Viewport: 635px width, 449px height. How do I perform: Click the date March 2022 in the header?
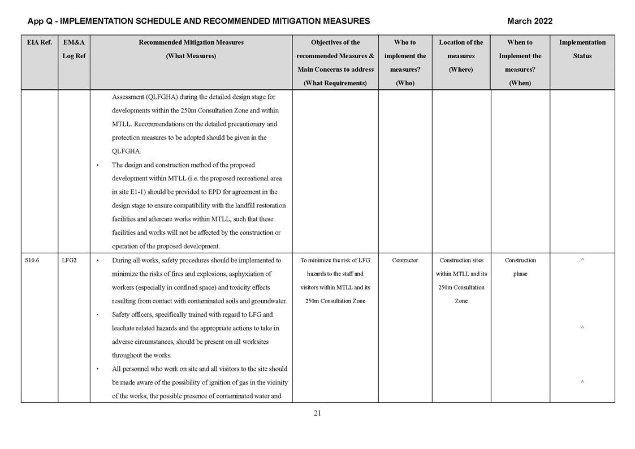tap(529, 21)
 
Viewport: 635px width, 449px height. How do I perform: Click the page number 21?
tap(317, 413)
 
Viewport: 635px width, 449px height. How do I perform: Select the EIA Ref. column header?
tap(39, 42)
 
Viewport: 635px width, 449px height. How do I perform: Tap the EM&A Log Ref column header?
tap(74, 49)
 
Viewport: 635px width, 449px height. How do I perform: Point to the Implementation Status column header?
tap(582, 49)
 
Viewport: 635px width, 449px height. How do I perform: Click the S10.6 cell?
tap(32, 261)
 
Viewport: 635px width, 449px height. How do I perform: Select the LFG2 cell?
tap(69, 261)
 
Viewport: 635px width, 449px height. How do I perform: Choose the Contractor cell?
tap(405, 261)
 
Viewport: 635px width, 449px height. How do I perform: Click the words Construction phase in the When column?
tap(520, 267)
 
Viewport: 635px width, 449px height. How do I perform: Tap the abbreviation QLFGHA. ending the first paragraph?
tap(127, 152)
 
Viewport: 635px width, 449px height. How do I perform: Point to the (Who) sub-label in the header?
tap(405, 83)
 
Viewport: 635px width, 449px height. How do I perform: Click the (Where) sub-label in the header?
tap(461, 70)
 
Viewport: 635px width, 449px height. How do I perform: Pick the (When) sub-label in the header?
tap(520, 83)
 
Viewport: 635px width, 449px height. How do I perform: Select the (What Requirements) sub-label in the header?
tap(335, 83)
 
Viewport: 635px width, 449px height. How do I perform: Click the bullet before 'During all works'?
tap(98, 261)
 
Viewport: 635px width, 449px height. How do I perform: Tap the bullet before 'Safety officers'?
tap(98, 315)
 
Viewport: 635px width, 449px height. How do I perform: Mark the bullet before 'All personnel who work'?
tap(98, 369)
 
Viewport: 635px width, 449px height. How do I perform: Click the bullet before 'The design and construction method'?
tap(98, 166)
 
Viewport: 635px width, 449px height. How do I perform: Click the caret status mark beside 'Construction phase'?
tap(582, 260)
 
